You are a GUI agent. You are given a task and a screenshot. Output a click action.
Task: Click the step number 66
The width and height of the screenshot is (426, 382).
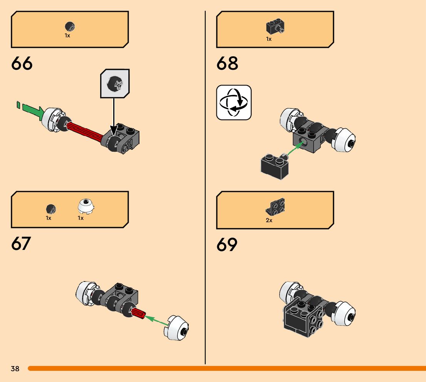coord(22,64)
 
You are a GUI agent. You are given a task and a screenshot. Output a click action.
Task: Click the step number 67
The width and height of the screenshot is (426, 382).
coord(22,244)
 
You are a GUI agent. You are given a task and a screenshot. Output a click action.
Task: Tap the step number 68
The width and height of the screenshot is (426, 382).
coord(227,64)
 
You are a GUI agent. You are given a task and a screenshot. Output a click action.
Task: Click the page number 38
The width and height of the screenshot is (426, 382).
coord(15,369)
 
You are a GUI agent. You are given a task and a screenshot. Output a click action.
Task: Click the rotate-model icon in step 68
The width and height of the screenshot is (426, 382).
coord(234,102)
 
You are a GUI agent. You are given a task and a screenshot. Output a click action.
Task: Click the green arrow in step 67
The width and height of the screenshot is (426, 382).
coord(157,320)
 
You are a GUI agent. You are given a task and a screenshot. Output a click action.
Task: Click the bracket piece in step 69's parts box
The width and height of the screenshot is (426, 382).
coord(275,208)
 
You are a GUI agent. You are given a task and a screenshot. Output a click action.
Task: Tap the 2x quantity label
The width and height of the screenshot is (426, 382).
coord(269,221)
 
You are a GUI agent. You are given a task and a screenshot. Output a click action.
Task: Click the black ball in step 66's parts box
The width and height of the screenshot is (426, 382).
coord(70,27)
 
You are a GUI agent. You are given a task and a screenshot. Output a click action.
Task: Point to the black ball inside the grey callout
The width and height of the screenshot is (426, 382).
coord(115,84)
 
